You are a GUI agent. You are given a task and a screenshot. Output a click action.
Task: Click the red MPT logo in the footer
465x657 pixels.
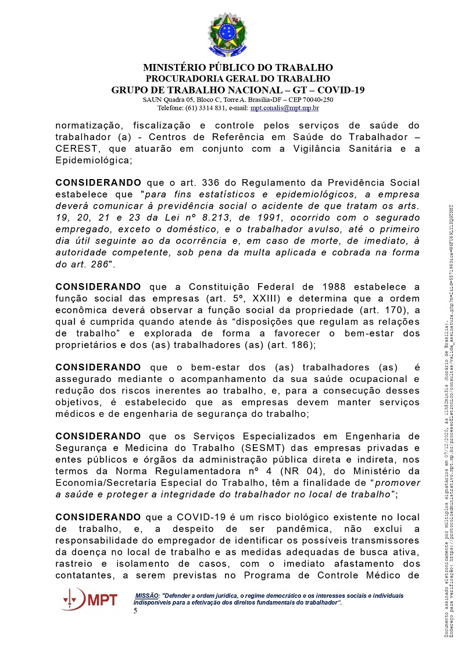point(91,598)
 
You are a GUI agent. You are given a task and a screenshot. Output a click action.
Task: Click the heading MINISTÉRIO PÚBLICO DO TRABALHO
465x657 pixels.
point(238,67)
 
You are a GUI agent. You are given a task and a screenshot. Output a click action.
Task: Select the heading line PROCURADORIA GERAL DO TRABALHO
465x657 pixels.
point(238,78)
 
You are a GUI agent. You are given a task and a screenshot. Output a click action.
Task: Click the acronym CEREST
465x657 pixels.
point(75,148)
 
